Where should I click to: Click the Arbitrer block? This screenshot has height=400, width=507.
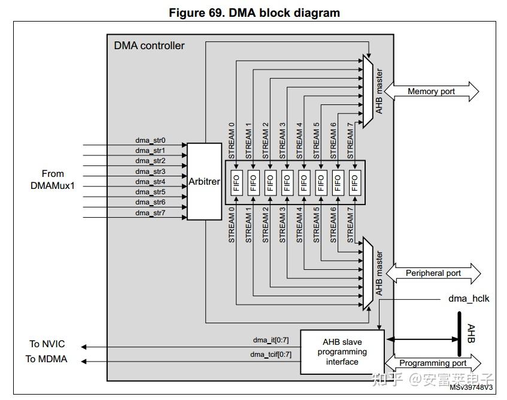click(x=205, y=181)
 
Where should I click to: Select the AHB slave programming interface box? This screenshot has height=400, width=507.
click(x=342, y=352)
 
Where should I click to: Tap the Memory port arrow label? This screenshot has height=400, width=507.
click(x=431, y=92)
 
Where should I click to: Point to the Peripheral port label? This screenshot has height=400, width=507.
click(x=433, y=273)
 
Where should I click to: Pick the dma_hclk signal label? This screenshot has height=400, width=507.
click(x=469, y=298)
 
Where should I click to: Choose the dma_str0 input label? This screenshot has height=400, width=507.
click(x=150, y=141)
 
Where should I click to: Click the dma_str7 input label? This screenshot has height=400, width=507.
click(x=150, y=213)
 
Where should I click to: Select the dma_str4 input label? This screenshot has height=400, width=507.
click(x=150, y=182)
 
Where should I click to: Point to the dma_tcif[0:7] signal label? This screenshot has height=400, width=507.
click(x=271, y=354)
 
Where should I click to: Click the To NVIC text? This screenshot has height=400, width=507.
click(x=47, y=344)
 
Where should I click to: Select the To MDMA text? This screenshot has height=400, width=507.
click(x=46, y=359)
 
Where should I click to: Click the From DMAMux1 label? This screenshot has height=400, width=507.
click(x=53, y=180)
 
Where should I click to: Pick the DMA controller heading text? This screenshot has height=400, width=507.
click(x=149, y=46)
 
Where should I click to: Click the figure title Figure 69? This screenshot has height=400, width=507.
click(x=254, y=13)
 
